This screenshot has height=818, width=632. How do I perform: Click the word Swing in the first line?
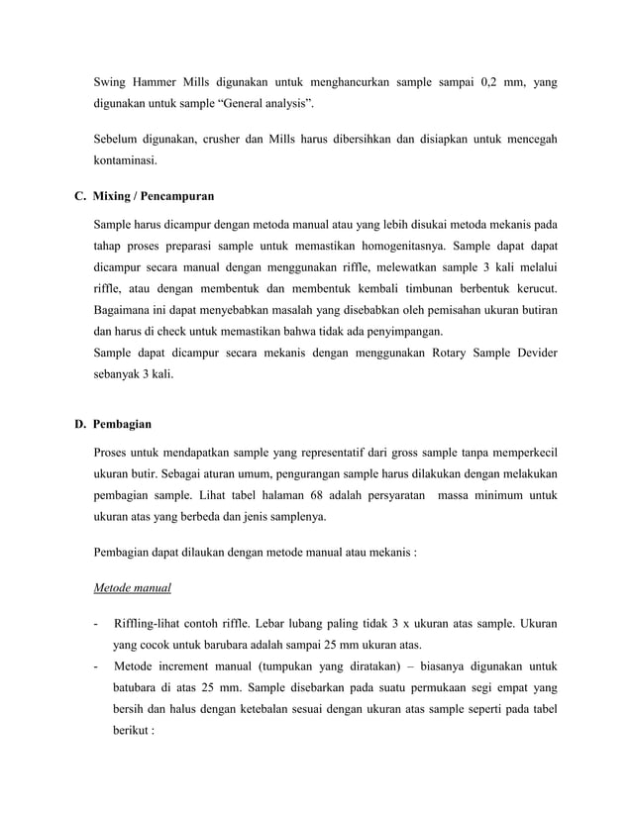click(111, 83)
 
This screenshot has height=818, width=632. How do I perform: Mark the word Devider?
click(532, 354)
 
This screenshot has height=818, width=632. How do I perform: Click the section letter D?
click(80, 425)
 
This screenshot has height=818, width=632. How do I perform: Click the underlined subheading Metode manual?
click(132, 588)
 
